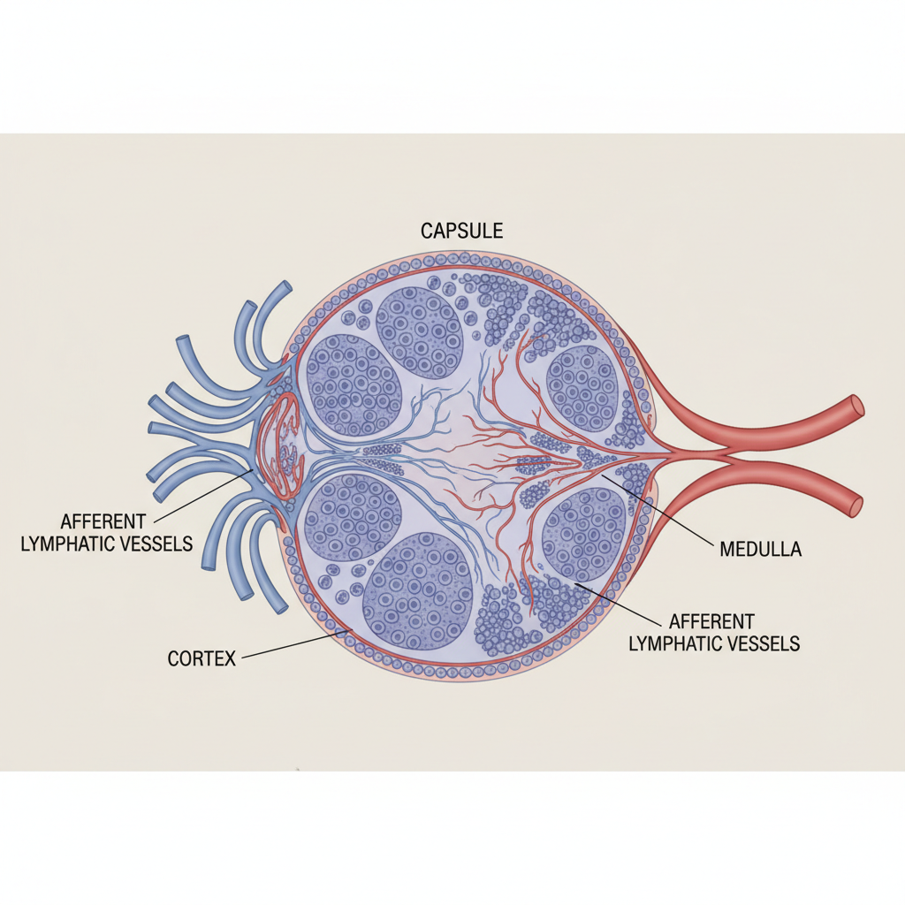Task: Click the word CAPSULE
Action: (461, 231)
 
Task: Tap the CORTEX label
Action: (202, 658)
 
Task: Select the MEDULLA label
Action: (761, 549)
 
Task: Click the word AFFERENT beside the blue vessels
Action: (103, 521)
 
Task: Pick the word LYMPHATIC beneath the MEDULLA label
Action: (673, 643)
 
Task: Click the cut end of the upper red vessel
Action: (856, 408)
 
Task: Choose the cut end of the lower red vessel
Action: (856, 504)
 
